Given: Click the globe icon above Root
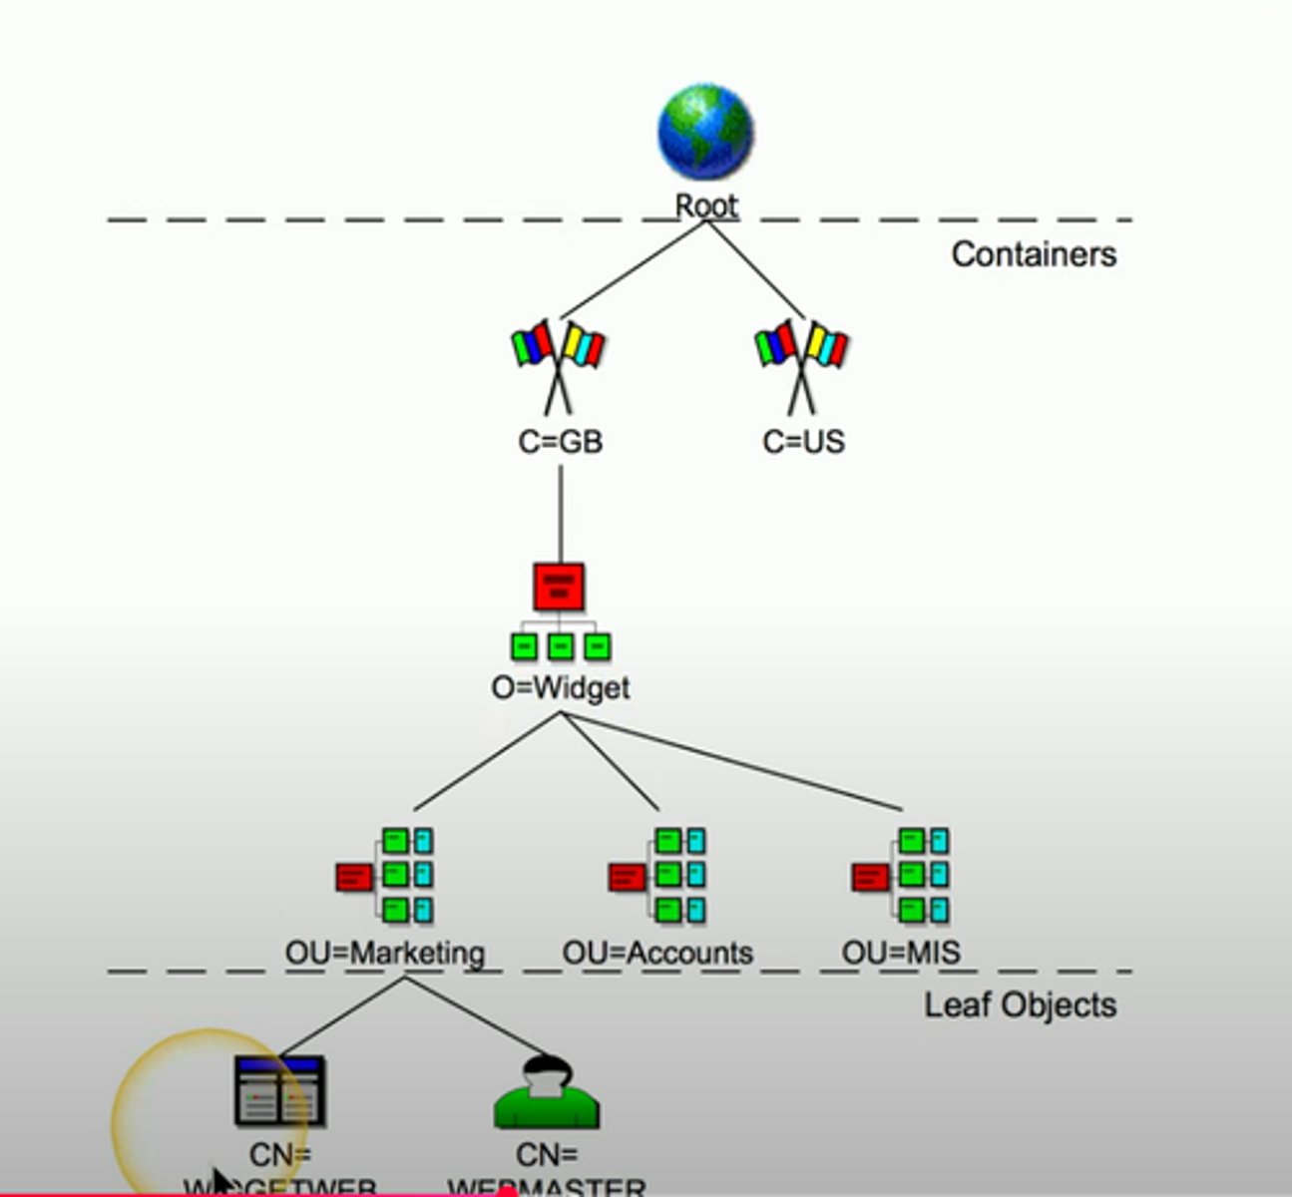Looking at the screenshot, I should [x=705, y=133].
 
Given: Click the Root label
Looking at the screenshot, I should [x=706, y=205].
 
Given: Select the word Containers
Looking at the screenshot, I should [x=1033, y=254].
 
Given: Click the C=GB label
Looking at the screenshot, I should [x=560, y=441].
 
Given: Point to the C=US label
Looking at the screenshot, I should [x=803, y=441].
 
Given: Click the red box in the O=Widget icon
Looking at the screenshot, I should [x=559, y=587].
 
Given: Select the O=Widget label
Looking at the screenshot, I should [x=560, y=688].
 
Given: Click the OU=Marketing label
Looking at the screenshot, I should [x=385, y=953].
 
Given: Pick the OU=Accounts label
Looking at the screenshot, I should [x=657, y=953].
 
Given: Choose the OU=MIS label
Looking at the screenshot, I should [x=901, y=953].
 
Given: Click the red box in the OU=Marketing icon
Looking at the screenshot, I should [x=353, y=878].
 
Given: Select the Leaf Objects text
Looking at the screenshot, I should [x=1020, y=1004].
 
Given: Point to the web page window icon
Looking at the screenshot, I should [x=279, y=1091].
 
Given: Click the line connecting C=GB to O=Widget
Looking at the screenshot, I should [x=560, y=514].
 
